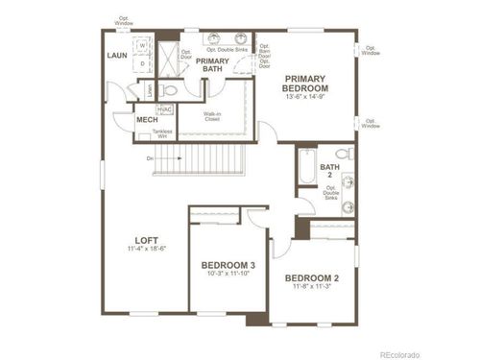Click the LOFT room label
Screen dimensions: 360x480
point(146,239)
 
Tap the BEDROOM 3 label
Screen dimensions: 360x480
point(228,265)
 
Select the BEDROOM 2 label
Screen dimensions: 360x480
point(312,278)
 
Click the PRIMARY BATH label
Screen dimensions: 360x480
point(212,64)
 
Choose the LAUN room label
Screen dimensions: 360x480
point(119,56)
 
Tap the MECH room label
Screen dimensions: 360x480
point(147,119)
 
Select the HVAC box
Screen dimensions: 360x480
point(164,109)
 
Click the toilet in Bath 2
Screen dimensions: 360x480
point(346,154)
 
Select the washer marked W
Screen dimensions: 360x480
point(142,45)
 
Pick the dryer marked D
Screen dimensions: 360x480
point(142,64)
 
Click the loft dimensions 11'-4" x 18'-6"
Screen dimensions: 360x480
point(146,249)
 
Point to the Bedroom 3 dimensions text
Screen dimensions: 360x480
point(228,275)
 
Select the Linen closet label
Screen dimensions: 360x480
point(149,91)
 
